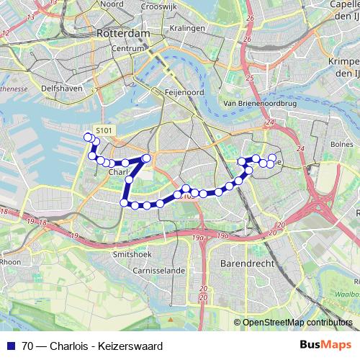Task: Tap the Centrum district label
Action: click(x=129, y=48)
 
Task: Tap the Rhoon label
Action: click(x=9, y=262)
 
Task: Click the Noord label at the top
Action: click(x=112, y=4)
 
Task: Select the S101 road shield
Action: click(x=104, y=130)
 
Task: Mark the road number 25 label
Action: click(x=248, y=76)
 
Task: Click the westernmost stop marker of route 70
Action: click(x=88, y=137)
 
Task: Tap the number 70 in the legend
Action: click(x=27, y=346)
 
